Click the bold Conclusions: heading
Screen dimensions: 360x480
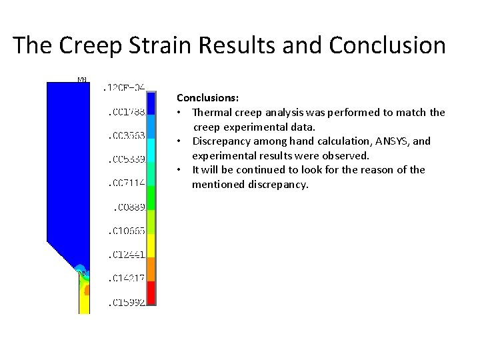pos(204,97)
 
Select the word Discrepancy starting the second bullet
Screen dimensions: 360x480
pos(222,141)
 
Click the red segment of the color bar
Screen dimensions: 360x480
pos(151,293)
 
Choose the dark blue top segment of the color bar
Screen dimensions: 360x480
pos(151,103)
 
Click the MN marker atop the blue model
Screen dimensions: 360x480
pos(82,80)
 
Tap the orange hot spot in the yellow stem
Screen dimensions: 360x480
pos(87,291)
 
